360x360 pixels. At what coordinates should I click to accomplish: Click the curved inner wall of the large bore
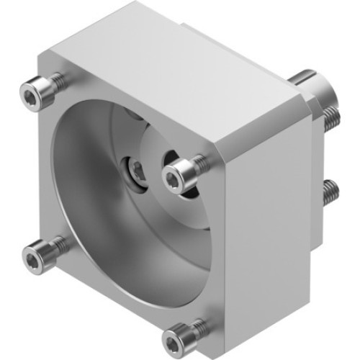point(79,180)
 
